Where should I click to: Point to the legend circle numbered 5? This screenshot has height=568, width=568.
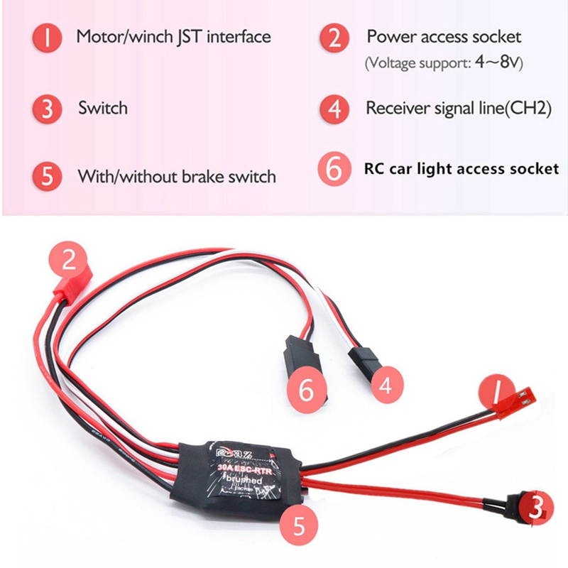[x=48, y=176]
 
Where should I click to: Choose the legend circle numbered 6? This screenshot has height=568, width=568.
[x=334, y=169]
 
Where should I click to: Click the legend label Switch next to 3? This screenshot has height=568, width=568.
[x=103, y=108]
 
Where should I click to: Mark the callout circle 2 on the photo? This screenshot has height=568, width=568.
[x=69, y=260]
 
